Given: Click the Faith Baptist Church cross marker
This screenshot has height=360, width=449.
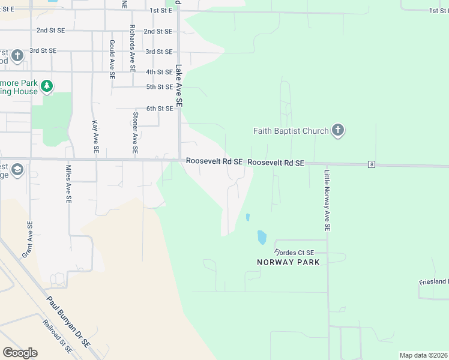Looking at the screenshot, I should (338, 130).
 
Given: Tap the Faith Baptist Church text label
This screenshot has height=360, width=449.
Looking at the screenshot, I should (291, 131).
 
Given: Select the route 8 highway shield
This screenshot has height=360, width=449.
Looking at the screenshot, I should (372, 164).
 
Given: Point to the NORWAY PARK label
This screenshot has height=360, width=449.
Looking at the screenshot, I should (288, 262).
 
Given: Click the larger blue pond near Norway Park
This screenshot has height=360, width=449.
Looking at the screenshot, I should (262, 237).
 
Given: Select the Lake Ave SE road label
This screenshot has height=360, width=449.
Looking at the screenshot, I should (179, 86).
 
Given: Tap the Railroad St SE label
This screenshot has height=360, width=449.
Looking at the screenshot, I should (57, 336).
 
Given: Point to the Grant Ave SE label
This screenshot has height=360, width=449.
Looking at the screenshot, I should (27, 239).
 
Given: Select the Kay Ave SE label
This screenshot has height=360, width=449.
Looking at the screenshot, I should (95, 136).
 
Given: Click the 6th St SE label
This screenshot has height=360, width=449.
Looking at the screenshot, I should (160, 108).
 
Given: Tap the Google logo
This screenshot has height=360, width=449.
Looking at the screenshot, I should (20, 353).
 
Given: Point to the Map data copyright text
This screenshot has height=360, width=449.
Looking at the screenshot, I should (423, 355).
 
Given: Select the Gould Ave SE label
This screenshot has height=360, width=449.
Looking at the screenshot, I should (112, 60).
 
